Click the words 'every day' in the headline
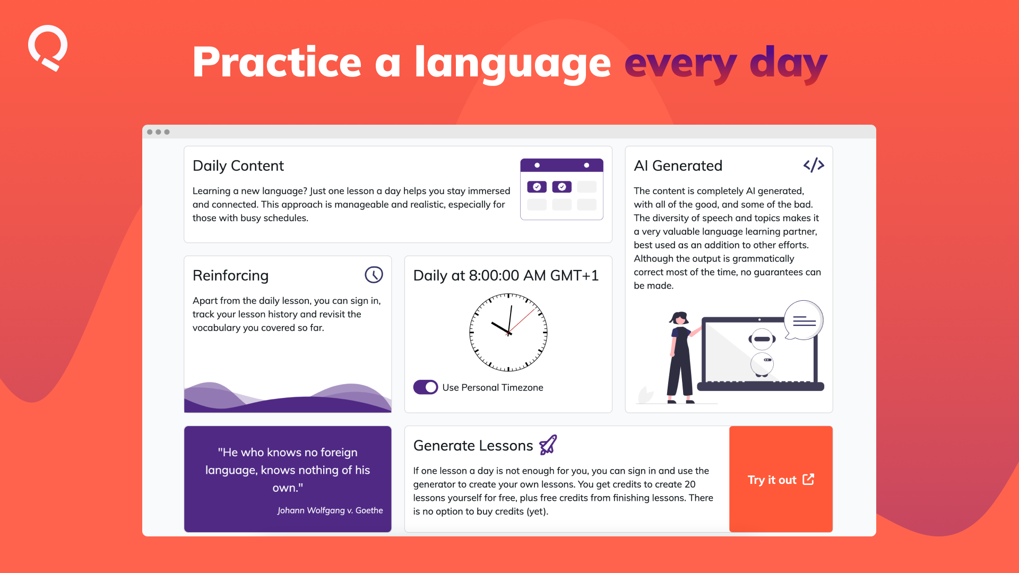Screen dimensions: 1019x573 click(x=726, y=64)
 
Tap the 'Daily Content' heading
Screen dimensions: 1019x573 click(x=238, y=166)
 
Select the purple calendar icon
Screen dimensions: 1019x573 click(x=562, y=189)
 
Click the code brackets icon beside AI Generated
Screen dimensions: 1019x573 click(x=814, y=166)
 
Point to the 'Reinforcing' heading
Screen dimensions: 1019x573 click(x=230, y=276)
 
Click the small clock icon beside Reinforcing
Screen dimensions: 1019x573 click(x=374, y=275)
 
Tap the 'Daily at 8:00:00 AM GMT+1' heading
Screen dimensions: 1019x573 click(x=506, y=275)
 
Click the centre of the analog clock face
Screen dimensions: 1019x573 click(x=508, y=333)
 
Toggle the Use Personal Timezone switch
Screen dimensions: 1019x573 click(x=426, y=387)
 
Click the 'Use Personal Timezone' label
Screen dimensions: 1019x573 click(x=493, y=388)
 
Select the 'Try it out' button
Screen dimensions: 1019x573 click(x=781, y=479)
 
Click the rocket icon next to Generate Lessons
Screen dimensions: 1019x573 click(x=548, y=445)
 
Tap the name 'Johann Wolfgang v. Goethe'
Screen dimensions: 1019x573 click(x=330, y=510)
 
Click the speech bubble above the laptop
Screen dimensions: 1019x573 click(x=804, y=320)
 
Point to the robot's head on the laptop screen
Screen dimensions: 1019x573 click(x=762, y=339)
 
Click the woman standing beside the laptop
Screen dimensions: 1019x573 click(x=681, y=358)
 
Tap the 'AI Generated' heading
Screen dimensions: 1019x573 click(x=678, y=166)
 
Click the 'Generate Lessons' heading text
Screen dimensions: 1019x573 click(x=473, y=446)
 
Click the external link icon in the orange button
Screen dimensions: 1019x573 click(x=808, y=479)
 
